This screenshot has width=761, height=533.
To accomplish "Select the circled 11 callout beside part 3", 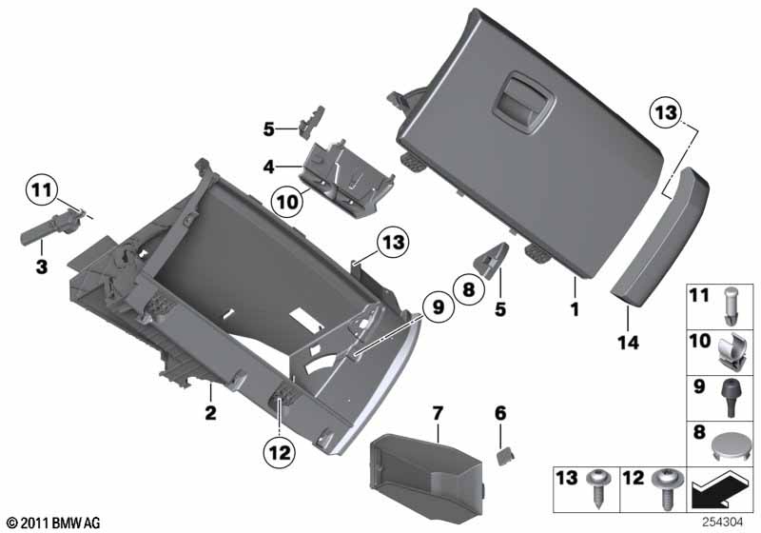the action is pos(42,189).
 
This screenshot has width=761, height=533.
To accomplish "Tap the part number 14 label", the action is pos(628,343).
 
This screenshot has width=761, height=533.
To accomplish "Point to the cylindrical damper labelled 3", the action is pos(52,228).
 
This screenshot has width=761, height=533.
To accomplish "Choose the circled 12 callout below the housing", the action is pos(280,453).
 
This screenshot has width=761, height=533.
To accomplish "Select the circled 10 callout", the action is pos(287,202).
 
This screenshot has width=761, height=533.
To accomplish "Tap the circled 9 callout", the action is pos(438,307).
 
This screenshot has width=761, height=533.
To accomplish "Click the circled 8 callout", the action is pos(468,289).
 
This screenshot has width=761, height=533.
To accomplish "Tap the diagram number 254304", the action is pos(723,523).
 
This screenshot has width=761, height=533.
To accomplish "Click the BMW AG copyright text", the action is pos(53,523).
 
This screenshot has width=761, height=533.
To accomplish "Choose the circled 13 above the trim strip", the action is pos(666,112).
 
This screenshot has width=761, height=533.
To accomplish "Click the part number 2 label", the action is pos(210,413).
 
